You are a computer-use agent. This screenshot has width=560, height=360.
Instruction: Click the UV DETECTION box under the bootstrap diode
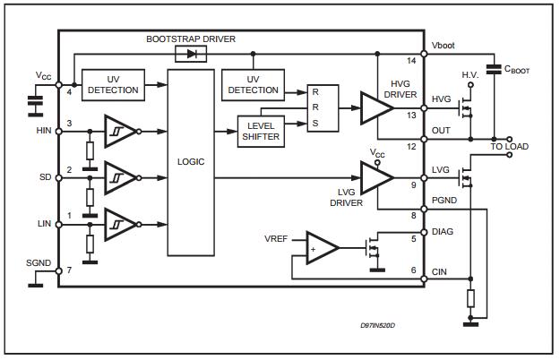(x=254, y=84)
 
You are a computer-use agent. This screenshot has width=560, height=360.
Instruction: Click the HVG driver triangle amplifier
(x=375, y=108)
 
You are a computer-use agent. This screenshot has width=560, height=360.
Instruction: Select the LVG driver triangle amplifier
(x=375, y=176)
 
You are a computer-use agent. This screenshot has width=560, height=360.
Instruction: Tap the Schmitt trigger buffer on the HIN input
(x=120, y=131)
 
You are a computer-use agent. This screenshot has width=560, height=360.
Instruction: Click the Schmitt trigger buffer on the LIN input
(x=120, y=224)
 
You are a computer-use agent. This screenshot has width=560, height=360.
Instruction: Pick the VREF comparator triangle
(x=321, y=247)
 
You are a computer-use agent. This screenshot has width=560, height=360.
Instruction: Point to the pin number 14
(x=412, y=61)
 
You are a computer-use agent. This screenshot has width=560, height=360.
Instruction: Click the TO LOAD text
(x=508, y=146)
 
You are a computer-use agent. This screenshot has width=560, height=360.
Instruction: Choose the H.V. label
(x=471, y=73)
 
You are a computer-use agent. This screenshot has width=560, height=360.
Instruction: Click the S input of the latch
(x=314, y=123)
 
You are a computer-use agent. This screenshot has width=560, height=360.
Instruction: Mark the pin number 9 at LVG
(x=412, y=184)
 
